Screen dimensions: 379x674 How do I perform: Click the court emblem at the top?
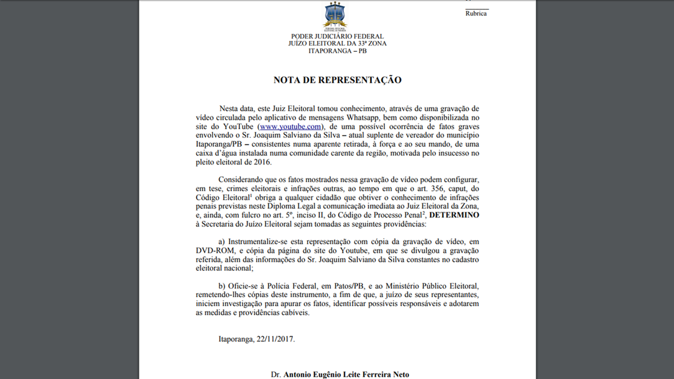[x=335, y=16]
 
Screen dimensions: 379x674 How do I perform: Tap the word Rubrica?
[x=476, y=13]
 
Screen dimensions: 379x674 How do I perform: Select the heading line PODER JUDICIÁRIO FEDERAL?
[x=337, y=37]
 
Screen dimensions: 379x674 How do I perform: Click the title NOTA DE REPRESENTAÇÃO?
[x=337, y=80]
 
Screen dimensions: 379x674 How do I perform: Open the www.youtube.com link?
[x=290, y=126]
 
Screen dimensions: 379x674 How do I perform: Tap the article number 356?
[x=437, y=189]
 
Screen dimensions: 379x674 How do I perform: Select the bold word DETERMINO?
[x=454, y=215]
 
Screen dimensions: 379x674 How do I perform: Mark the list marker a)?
[x=222, y=242]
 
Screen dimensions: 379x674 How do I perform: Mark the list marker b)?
[x=222, y=286]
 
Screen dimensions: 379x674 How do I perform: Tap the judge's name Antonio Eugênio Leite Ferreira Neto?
[x=346, y=374]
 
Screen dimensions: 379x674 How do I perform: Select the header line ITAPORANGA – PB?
[x=337, y=51]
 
